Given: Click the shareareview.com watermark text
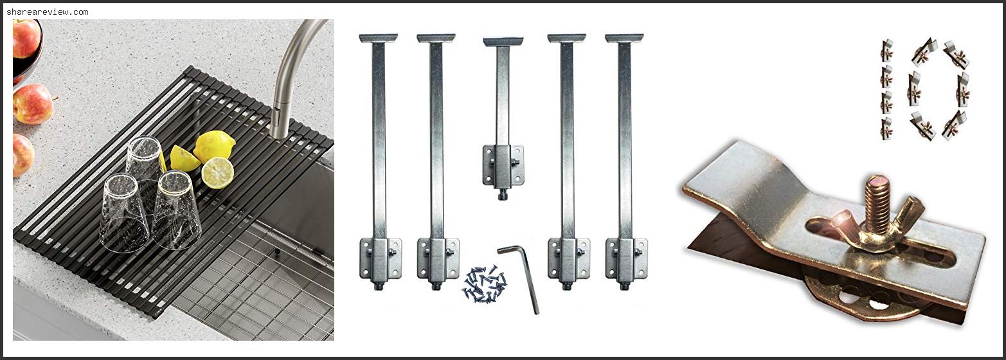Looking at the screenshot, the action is pos(48,12).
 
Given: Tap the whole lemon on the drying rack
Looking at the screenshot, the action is pos(215,145).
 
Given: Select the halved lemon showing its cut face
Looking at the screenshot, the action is pos(217,173).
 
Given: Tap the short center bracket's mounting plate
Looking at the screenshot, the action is pos(503,165).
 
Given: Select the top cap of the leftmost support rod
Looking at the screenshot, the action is pos(378,38).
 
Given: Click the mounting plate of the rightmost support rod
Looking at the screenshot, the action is pos(626,258).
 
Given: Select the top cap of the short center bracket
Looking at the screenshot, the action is pos(503,42).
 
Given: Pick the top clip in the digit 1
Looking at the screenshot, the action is pos(886,51).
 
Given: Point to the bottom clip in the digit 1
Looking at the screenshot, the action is pos(886,129).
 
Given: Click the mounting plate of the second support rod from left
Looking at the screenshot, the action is pos(438,258).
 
